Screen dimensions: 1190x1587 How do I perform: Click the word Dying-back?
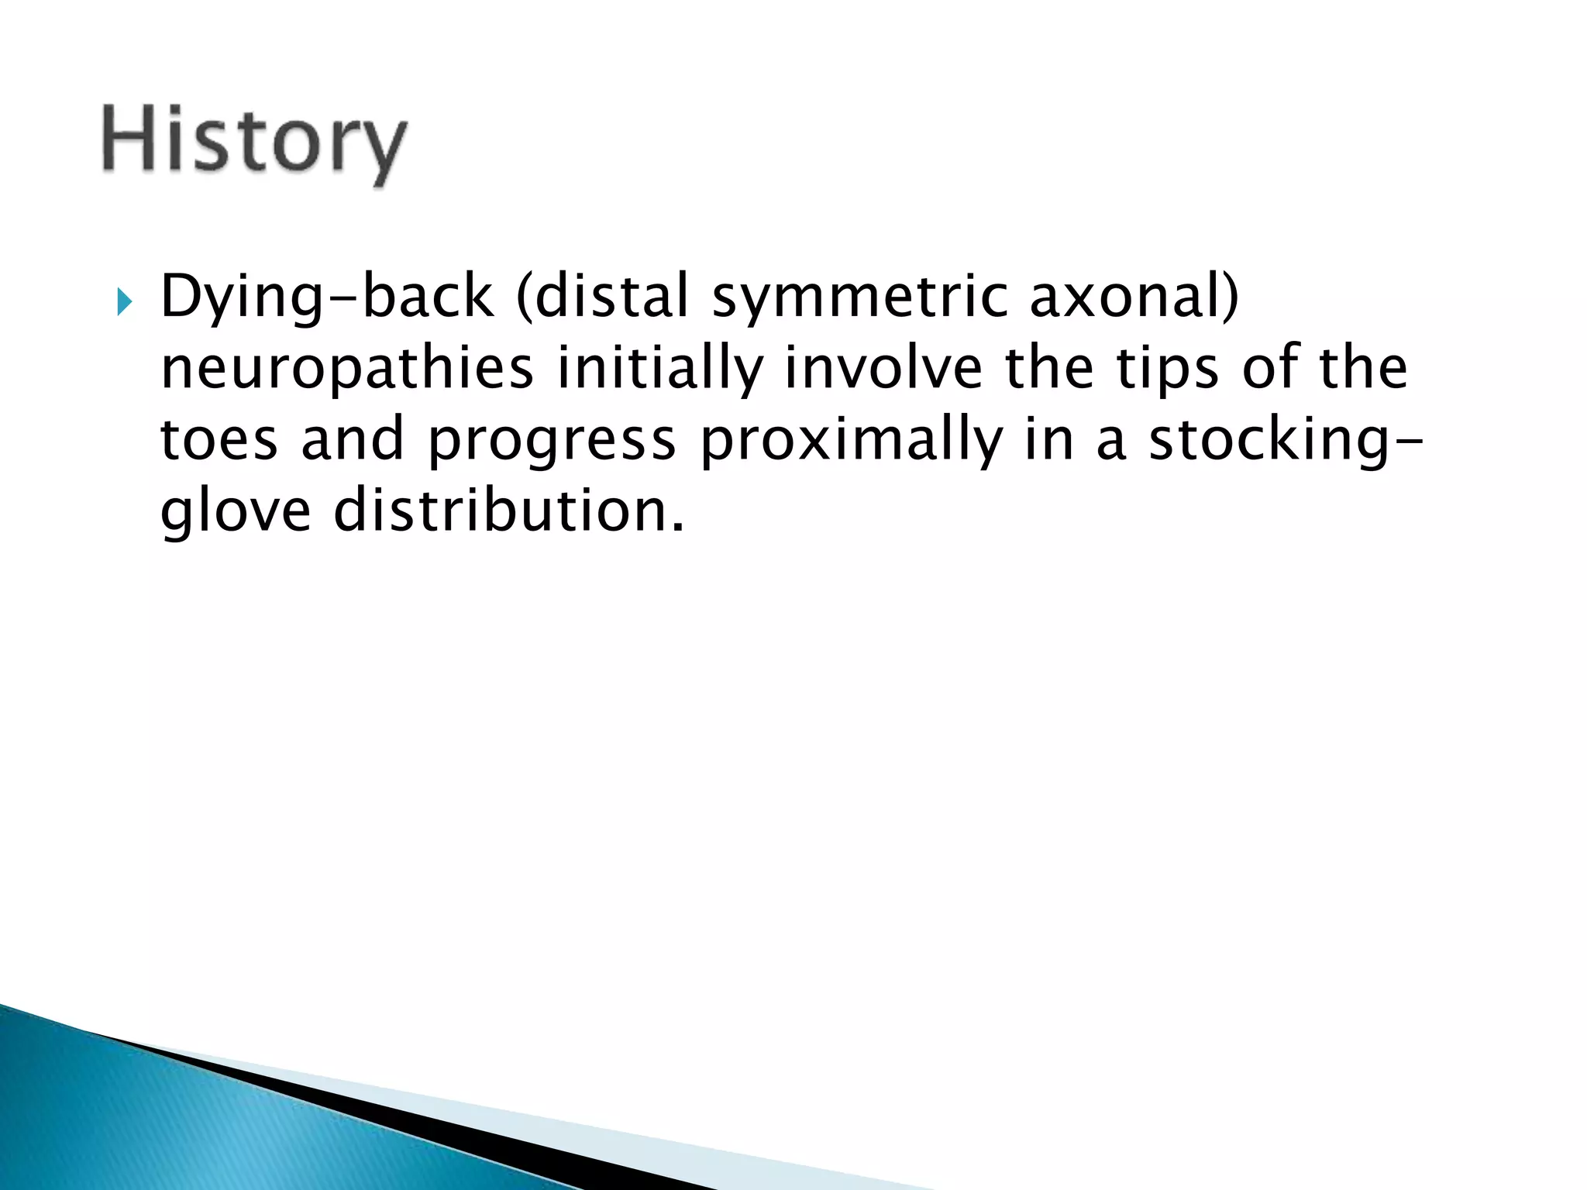point(326,297)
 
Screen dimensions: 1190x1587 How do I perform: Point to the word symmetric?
point(859,297)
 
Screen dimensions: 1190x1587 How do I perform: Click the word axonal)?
point(1134,297)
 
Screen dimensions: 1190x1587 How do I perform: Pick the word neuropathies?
point(346,369)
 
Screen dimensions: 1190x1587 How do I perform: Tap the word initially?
point(659,369)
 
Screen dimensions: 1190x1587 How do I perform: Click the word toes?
point(219,439)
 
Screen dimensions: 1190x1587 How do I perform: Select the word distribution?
point(508,511)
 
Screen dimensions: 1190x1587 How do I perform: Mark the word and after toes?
point(353,439)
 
